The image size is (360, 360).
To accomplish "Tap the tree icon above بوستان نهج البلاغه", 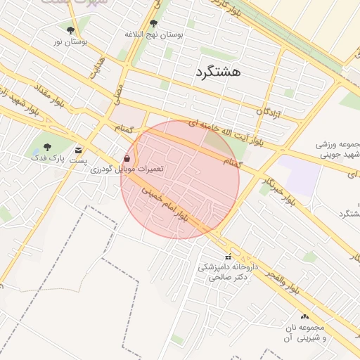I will pyautogui.click(x=153, y=24).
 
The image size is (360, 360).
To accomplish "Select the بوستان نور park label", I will pyautogui.click(x=70, y=41).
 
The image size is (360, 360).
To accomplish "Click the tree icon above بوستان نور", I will pyautogui.click(x=70, y=30).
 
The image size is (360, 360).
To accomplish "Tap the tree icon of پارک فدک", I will pyautogui.click(x=47, y=148).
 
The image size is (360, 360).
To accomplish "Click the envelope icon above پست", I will pyautogui.click(x=78, y=149).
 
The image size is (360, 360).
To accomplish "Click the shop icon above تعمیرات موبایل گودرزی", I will pyautogui.click(x=127, y=158).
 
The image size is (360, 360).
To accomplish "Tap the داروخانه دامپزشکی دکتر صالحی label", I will pyautogui.click(x=227, y=272).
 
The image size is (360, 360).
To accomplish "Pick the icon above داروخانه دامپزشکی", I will pyautogui.click(x=227, y=257).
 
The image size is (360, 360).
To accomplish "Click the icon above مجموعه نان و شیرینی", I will pyautogui.click(x=304, y=317).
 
